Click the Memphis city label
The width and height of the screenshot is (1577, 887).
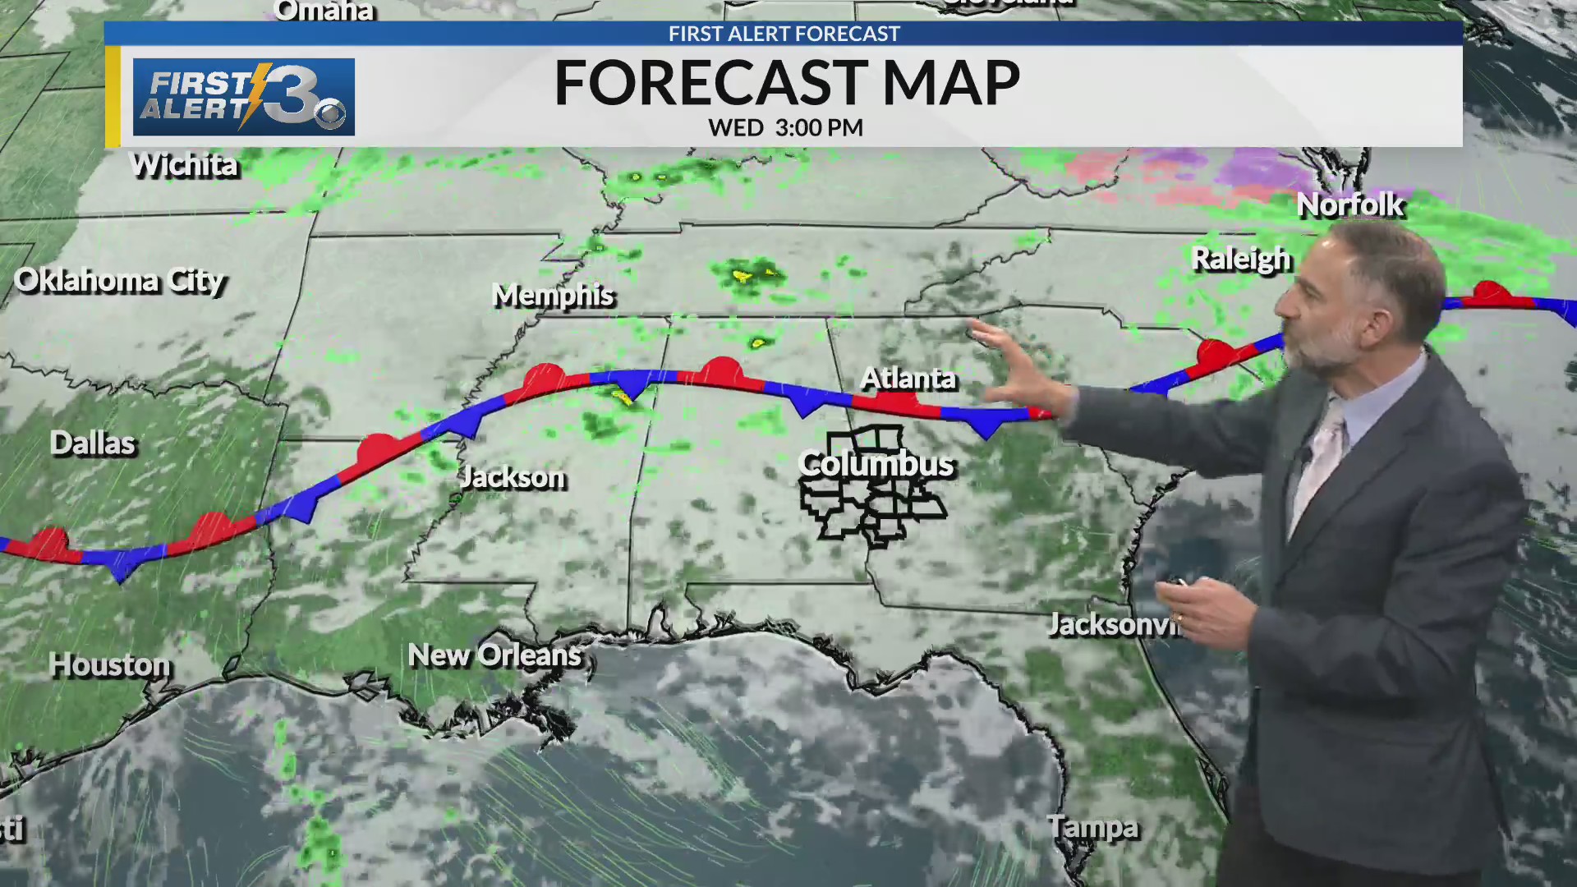(x=553, y=296)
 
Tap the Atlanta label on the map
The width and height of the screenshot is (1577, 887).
(x=908, y=379)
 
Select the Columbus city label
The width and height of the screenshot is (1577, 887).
(x=876, y=464)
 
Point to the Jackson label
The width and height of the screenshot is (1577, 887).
(x=513, y=477)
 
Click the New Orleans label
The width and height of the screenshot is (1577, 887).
(x=494, y=655)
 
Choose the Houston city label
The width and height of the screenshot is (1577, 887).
(x=110, y=664)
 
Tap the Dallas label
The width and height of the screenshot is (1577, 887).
(x=93, y=443)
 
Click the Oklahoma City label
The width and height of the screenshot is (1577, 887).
(x=120, y=281)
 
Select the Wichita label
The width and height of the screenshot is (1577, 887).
(x=185, y=165)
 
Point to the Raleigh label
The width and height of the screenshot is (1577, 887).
(x=1241, y=260)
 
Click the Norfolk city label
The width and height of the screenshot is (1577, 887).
(x=1350, y=205)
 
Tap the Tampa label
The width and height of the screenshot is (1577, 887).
(x=1093, y=827)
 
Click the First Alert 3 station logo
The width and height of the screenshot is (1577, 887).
(x=244, y=97)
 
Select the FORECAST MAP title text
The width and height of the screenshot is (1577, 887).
(x=787, y=83)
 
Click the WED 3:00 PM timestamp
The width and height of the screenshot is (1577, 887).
(x=785, y=128)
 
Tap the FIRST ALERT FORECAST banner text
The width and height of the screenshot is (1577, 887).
(x=784, y=34)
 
